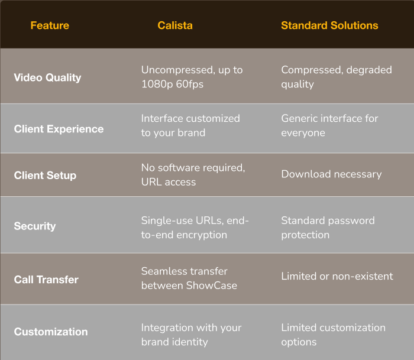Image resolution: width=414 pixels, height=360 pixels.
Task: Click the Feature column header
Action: tap(50, 25)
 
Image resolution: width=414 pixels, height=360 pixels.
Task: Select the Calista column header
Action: tap(175, 25)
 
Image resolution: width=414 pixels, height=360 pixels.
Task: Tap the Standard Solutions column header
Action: tap(329, 25)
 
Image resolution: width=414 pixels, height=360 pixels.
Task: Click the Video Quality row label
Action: tap(47, 77)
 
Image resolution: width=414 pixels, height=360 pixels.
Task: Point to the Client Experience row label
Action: tap(59, 129)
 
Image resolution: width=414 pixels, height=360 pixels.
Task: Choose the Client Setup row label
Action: tap(45, 176)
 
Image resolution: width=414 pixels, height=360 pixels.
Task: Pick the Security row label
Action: tap(35, 226)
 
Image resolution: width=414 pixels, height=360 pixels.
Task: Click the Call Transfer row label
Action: tap(46, 280)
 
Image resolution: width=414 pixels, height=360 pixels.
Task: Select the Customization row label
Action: tap(51, 332)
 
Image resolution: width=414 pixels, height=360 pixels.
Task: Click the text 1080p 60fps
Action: tap(173, 84)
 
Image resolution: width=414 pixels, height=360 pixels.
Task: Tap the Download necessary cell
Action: tap(331, 174)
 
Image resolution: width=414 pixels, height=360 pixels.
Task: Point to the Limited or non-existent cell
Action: tap(337, 276)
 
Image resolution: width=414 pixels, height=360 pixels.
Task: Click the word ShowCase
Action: tap(212, 286)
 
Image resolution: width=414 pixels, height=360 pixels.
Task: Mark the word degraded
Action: tap(369, 70)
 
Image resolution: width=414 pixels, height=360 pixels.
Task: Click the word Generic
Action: tap(299, 118)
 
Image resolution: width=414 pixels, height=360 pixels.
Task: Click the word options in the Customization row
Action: tap(299, 342)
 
